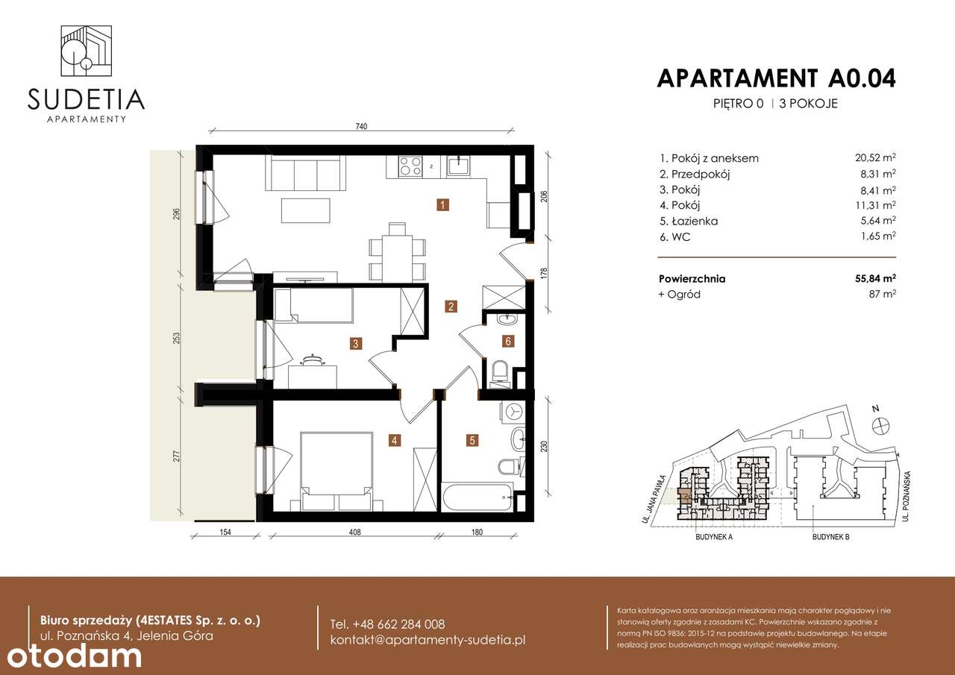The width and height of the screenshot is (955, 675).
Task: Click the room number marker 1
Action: coord(443,204)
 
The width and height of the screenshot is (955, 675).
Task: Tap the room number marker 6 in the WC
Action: coord(508,342)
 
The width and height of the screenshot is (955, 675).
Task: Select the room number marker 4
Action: coord(394,441)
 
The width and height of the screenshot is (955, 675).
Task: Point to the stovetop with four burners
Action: coord(410,166)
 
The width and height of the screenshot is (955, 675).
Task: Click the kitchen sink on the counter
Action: coord(459,166)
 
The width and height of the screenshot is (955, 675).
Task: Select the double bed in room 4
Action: coord(336,462)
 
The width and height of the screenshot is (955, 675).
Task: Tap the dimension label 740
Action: coord(363,128)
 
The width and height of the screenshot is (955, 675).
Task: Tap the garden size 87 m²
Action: coord(881,294)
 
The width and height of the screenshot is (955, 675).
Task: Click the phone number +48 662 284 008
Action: coord(387,624)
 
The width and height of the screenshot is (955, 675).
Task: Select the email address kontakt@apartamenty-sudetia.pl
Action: coord(428,641)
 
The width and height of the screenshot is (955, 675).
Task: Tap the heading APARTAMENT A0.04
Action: coord(776,78)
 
